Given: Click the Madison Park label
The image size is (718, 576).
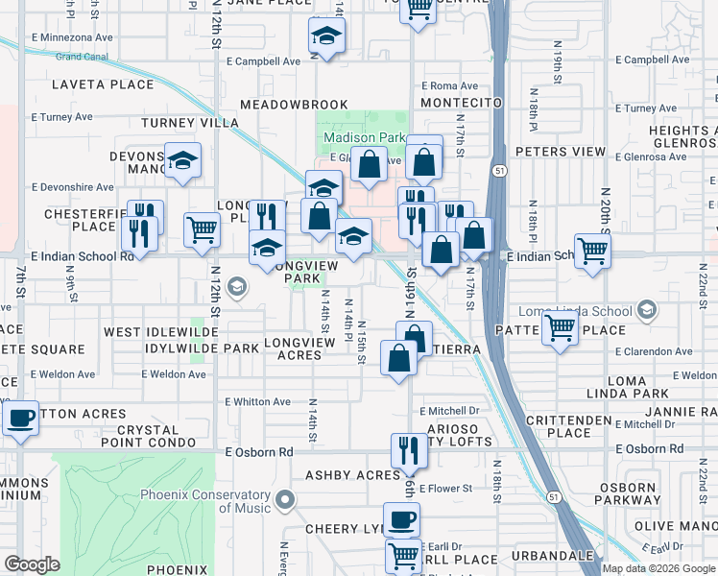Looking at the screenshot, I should (x=364, y=137).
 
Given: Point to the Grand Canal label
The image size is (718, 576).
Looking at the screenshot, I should (x=81, y=57).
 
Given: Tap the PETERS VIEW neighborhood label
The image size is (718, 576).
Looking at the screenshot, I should (x=561, y=152).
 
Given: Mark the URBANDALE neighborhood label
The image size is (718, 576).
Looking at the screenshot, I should (x=552, y=556).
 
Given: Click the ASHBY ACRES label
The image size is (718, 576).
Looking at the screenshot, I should (x=352, y=475).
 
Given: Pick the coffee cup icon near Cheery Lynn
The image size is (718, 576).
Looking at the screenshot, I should (x=401, y=521).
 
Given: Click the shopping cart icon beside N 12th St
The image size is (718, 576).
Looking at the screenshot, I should (x=201, y=229).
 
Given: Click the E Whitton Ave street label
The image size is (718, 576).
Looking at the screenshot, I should (x=257, y=402).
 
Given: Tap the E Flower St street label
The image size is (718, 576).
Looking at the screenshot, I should (x=445, y=489).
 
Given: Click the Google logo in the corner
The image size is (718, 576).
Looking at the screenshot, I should (x=32, y=564).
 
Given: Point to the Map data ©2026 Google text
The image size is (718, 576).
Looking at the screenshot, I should (x=658, y=568).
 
